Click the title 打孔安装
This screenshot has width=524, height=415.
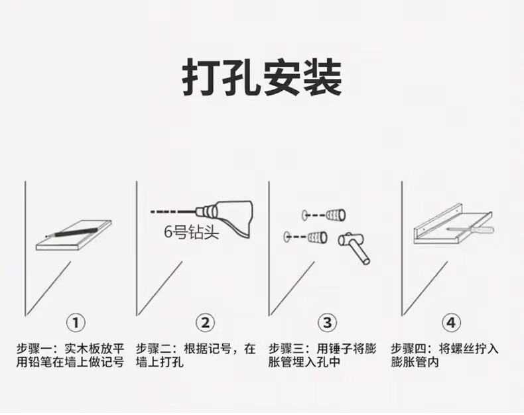[x=262, y=78]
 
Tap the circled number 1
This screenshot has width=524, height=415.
[x=76, y=323]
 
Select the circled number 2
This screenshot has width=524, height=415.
[x=205, y=323]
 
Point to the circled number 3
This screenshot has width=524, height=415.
[x=327, y=323]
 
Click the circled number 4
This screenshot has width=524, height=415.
[x=451, y=323]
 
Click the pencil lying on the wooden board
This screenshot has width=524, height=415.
[x=72, y=233]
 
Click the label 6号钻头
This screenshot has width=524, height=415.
[x=191, y=232]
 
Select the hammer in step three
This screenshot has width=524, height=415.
[x=354, y=247]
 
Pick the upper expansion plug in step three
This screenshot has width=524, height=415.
[x=336, y=215]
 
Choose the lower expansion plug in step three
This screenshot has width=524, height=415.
[x=317, y=237]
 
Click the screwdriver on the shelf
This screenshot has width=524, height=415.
[x=470, y=230]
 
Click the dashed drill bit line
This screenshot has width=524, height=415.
[x=173, y=211]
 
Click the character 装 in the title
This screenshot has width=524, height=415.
[x=322, y=78]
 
